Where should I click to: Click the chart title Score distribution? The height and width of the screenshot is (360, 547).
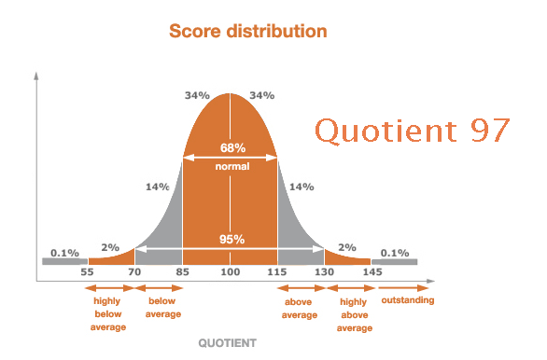pyautogui.click(x=247, y=31)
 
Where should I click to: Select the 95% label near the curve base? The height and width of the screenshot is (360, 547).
pyautogui.click(x=231, y=240)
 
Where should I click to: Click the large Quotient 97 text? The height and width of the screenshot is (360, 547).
pyautogui.click(x=412, y=130)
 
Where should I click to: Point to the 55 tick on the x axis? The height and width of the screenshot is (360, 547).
pyautogui.click(x=87, y=271)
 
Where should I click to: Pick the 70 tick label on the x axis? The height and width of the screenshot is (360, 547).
pyautogui.click(x=135, y=271)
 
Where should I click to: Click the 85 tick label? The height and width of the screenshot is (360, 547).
pyautogui.click(x=182, y=271)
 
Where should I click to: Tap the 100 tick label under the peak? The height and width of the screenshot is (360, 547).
pyautogui.click(x=231, y=271)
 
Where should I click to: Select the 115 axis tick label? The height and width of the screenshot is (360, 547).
pyautogui.click(x=277, y=271)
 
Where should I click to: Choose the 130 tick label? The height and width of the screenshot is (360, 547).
pyautogui.click(x=324, y=271)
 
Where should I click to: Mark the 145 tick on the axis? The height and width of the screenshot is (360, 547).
pyautogui.click(x=372, y=271)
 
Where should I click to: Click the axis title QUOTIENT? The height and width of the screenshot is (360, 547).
pyautogui.click(x=227, y=343)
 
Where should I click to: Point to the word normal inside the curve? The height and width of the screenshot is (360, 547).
pyautogui.click(x=231, y=166)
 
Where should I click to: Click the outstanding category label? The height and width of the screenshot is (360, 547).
pyautogui.click(x=408, y=300)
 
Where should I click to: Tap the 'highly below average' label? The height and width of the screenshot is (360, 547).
pyautogui.click(x=107, y=314)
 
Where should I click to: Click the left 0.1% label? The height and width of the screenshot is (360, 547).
pyautogui.click(x=63, y=253)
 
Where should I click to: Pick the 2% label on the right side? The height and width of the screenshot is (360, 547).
pyautogui.click(x=347, y=247)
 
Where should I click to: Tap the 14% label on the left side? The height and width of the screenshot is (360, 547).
pyautogui.click(x=157, y=187)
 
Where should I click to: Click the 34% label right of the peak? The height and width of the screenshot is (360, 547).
pyautogui.click(x=261, y=95)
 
